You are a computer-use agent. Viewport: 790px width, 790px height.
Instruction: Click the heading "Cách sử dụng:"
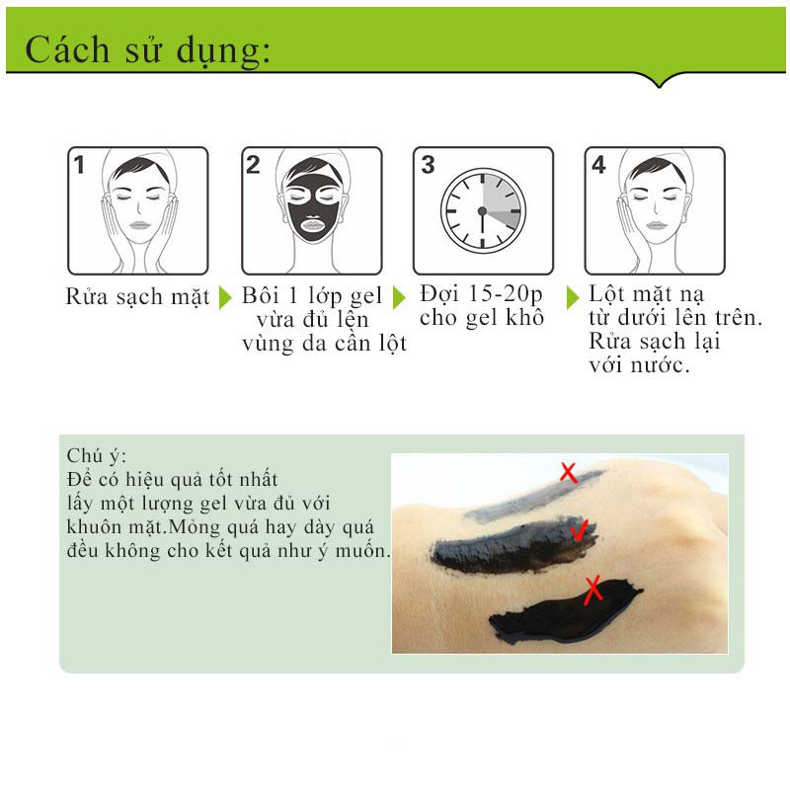tap(147, 51)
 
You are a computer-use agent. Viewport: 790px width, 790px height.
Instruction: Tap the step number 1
tap(79, 165)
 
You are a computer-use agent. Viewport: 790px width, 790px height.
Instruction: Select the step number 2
tap(253, 165)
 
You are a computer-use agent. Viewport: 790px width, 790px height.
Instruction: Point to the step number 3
tap(428, 165)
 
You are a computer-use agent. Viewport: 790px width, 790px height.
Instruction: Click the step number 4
tap(598, 165)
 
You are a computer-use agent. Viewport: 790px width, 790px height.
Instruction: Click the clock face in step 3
tap(483, 210)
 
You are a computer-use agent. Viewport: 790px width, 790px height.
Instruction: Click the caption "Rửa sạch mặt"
tap(137, 296)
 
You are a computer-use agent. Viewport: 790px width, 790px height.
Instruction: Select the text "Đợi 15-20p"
tap(481, 294)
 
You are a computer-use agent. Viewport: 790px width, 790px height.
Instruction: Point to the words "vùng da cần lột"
tap(324, 344)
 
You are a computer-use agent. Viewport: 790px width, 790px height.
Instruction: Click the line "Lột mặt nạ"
tap(646, 294)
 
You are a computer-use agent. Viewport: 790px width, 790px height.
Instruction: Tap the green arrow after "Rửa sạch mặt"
tap(225, 297)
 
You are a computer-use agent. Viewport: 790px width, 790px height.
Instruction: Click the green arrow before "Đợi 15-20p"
tap(399, 297)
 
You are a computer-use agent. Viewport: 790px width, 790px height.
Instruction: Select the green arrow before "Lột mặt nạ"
tap(573, 297)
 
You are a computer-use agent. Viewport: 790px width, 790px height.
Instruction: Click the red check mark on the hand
tap(579, 530)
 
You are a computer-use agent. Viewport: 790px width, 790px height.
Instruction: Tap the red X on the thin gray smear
tap(569, 473)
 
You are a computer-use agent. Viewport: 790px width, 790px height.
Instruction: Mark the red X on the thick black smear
tap(593, 590)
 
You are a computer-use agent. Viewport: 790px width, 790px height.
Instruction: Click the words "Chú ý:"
tap(96, 456)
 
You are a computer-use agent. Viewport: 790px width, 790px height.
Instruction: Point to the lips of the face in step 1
tap(139, 225)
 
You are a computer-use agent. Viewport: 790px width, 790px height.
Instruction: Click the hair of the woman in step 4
tap(656, 169)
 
